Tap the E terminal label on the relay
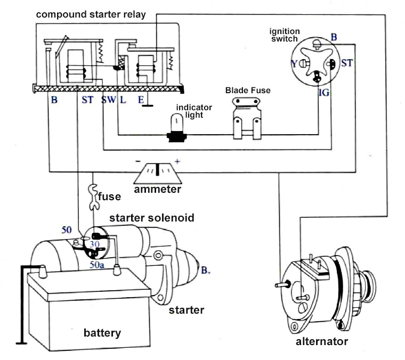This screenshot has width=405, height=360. click(140, 100)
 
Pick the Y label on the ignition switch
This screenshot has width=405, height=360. click(294, 64)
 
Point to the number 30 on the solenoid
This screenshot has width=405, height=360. click(95, 244)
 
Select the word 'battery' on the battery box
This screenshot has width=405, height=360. click(102, 333)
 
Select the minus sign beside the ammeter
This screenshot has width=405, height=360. click(137, 160)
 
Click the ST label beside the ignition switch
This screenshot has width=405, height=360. click(347, 63)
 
